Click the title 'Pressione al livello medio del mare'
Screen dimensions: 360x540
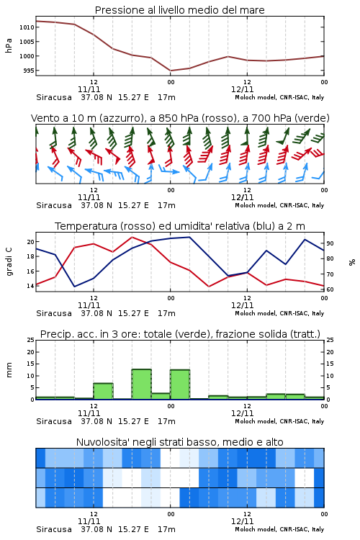179,10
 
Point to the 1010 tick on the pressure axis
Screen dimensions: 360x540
27,27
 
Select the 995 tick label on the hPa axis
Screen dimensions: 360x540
28,71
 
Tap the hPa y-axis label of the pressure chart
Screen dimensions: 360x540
9,45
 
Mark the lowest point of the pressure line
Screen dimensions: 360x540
171,71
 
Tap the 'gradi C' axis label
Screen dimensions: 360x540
9,262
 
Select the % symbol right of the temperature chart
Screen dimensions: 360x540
352,262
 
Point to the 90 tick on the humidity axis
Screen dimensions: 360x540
330,243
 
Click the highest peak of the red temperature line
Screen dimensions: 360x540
132,237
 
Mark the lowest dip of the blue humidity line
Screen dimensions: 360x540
74,287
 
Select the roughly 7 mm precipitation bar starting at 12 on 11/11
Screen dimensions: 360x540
104,391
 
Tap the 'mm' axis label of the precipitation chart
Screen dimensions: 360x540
9,370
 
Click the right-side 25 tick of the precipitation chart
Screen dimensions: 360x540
330,340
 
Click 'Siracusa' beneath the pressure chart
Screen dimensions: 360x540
54,97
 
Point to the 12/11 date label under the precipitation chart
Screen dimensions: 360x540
242,413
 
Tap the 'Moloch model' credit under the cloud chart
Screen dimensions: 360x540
256,529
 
